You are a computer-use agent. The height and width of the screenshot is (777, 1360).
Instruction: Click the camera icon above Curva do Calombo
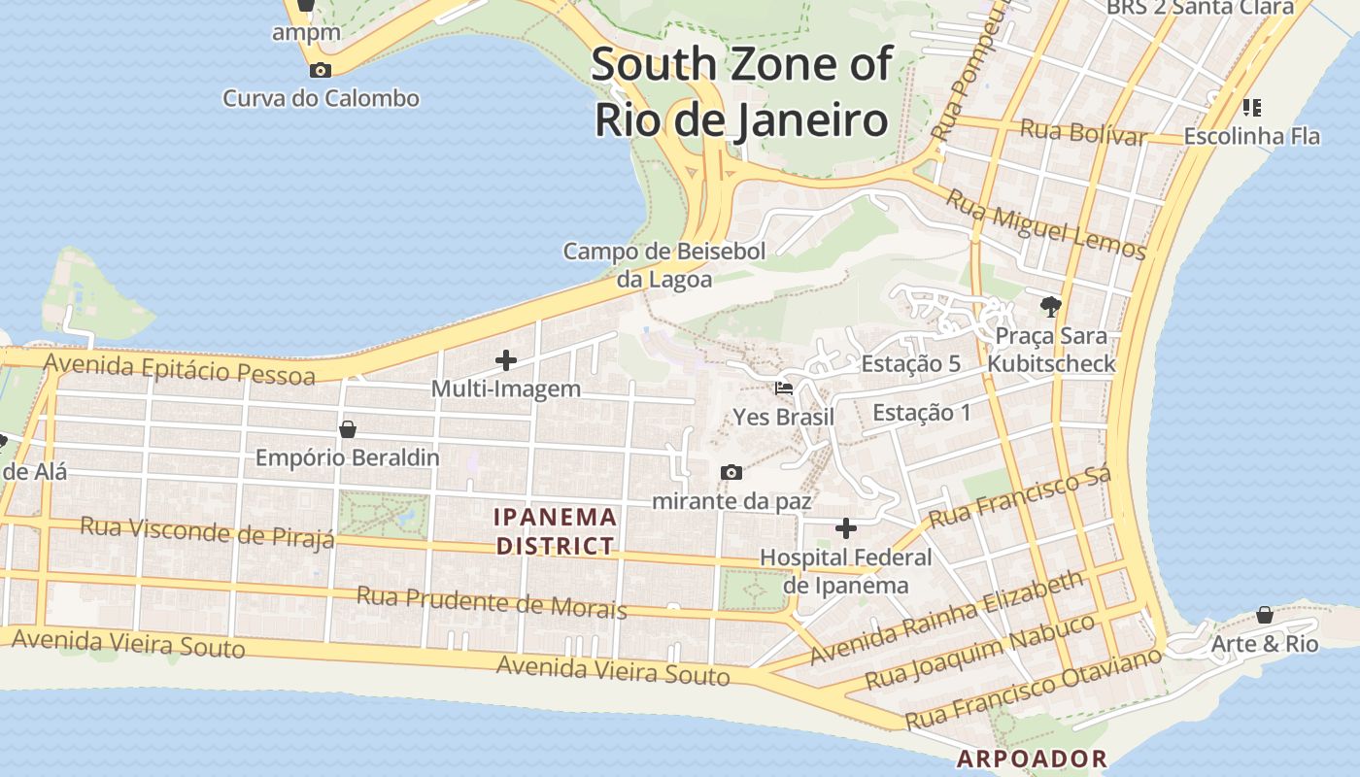pos(320,70)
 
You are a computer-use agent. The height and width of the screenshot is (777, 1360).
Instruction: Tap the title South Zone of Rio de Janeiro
pos(741,92)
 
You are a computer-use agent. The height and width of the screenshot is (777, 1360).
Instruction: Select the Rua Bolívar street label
pos(1083,131)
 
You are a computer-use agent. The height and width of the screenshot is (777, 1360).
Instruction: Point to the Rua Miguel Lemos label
pos(1046,224)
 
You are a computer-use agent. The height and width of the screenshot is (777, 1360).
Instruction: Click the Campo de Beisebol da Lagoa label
pos(664,265)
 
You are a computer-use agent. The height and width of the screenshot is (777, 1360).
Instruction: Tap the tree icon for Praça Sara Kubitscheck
pos(1050,308)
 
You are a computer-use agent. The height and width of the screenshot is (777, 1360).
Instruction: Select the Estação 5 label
pos(911,364)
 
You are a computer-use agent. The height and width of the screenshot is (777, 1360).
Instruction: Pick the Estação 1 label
pos(921,412)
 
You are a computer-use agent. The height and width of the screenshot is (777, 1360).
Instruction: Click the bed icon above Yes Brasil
pos(783,388)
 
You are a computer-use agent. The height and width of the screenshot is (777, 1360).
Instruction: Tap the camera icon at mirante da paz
pos(731,473)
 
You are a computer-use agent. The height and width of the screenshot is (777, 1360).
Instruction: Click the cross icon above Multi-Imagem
pos(506,360)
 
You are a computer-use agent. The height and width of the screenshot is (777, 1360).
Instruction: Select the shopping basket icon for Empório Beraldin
pos(348,428)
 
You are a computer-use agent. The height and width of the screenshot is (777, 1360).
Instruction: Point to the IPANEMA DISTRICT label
pos(556,531)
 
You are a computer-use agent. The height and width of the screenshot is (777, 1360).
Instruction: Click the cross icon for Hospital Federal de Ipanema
pos(846,528)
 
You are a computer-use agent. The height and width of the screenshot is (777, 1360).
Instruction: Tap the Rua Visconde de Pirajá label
pos(207,531)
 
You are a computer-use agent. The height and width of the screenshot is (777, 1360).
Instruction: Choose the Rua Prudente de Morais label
pos(492,601)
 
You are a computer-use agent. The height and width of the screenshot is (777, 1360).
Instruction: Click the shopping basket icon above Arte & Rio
pos(1264,615)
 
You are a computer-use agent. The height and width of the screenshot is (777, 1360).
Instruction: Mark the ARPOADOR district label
pos(1032,759)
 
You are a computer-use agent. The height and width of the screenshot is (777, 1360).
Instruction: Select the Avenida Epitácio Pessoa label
pos(180,368)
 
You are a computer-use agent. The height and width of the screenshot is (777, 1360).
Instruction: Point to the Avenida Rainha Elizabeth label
pos(947,618)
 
